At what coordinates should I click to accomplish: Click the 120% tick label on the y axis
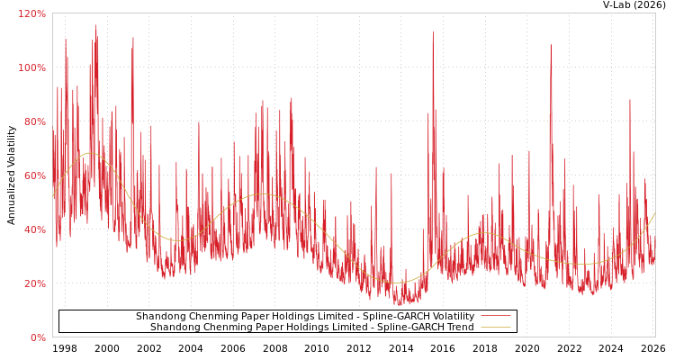coord(31,13)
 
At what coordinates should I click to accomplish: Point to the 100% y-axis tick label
coord(31,67)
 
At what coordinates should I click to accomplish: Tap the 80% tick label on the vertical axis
coord(33,121)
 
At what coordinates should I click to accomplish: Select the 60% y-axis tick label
coord(33,175)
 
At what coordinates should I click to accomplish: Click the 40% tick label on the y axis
coord(33,229)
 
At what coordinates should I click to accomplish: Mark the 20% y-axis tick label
coord(33,283)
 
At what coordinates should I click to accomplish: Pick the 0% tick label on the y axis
coord(37,337)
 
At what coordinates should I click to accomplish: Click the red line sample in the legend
coord(495,317)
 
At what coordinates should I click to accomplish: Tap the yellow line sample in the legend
coord(495,328)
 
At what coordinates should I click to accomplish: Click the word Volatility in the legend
coord(451,317)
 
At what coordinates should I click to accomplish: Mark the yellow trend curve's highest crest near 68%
coord(90,153)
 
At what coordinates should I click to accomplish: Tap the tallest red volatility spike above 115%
coord(94,26)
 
